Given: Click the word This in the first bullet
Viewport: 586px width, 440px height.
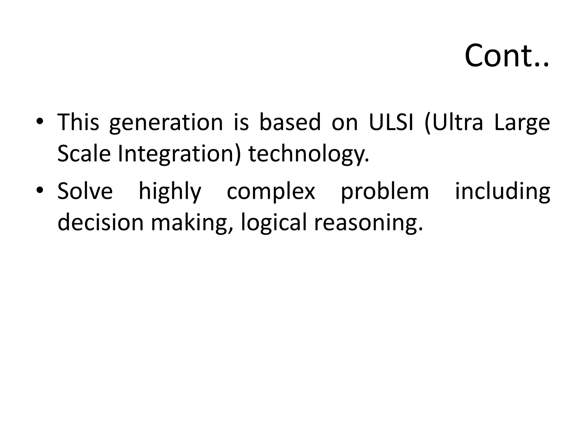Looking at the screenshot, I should [x=78, y=122].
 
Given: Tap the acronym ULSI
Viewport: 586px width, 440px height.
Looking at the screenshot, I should [x=391, y=122].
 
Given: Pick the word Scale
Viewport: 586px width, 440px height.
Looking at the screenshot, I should [x=84, y=154].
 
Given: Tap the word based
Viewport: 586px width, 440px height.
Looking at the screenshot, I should [x=290, y=122].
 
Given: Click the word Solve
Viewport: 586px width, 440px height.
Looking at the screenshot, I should [x=85, y=191].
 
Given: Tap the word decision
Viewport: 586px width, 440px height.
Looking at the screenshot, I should [x=100, y=222].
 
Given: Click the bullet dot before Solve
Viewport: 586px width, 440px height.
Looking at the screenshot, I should [x=40, y=190].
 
